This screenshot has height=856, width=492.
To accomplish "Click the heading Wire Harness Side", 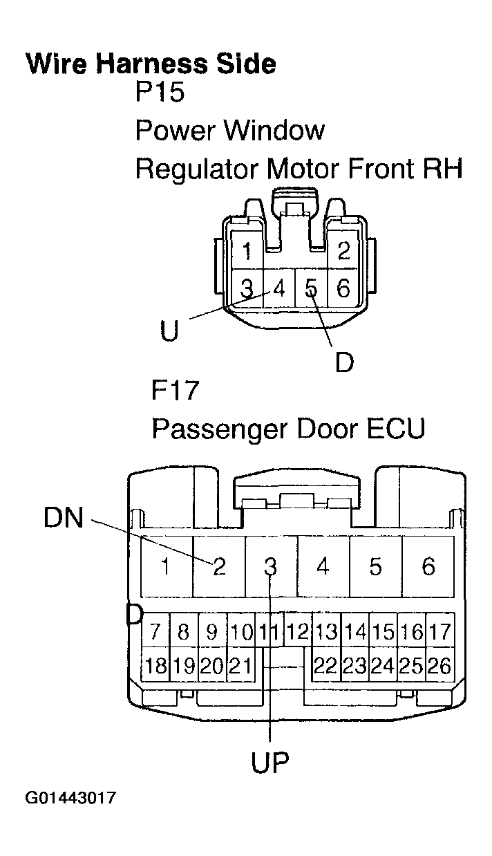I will coord(151,64).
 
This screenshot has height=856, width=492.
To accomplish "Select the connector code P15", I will coord(160,92).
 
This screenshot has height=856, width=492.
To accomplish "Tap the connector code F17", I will coord(175,391).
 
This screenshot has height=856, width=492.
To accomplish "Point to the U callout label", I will coord(169,331).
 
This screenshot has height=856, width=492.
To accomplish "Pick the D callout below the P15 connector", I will coord(343,361).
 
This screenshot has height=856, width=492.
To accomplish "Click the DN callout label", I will coord(63,518).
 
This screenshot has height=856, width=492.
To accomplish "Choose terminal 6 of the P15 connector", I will coord(343,288).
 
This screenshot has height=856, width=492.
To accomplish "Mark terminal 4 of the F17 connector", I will coord(323,567).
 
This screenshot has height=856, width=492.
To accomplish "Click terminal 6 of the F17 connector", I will coord(428,567).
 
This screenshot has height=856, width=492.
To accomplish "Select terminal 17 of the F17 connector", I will coord(439,631).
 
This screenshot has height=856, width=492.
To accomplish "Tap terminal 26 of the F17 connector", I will coord(439,666).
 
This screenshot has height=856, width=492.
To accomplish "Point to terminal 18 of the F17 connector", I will coord(156,666).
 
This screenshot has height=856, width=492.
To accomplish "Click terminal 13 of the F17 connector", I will coord(326,631).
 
